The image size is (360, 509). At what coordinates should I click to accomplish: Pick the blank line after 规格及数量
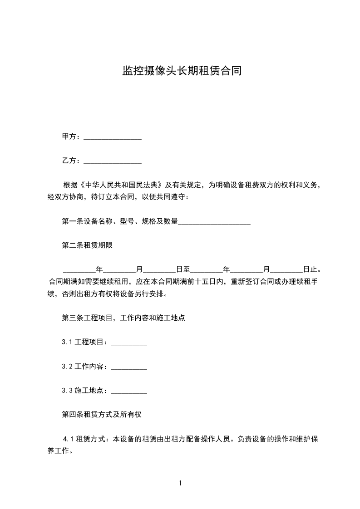pyautogui.click(x=214, y=222)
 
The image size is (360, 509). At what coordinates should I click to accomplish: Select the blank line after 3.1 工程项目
pyautogui.click(x=128, y=342)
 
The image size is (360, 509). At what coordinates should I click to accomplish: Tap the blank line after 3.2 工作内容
pyautogui.click(x=128, y=366)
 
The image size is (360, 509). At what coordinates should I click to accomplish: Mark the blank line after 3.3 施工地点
pyautogui.click(x=128, y=390)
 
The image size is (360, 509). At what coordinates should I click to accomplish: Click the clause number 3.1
pyautogui.click(x=67, y=342)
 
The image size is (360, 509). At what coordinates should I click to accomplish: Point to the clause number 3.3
pyautogui.click(x=67, y=390)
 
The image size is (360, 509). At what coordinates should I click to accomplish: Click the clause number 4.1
pyautogui.click(x=69, y=439)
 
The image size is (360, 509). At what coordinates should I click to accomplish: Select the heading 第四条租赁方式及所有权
pyautogui.click(x=103, y=415)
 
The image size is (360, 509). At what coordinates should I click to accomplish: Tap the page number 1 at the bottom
pyautogui.click(x=180, y=483)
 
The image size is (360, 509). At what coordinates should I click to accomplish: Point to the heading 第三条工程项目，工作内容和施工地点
pyautogui.click(x=123, y=318)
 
